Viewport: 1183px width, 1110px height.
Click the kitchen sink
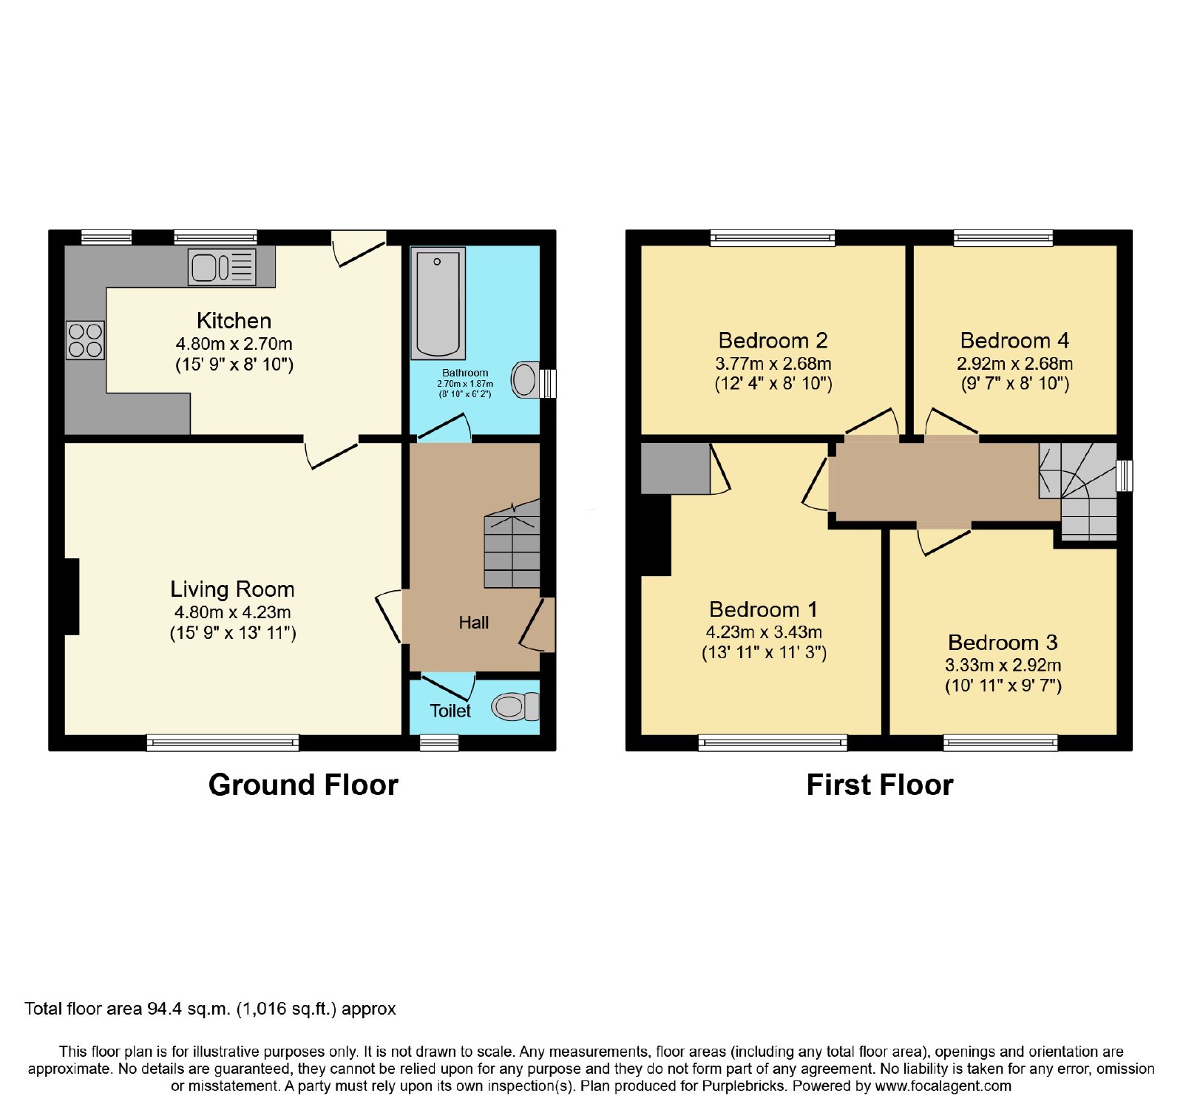[222, 267]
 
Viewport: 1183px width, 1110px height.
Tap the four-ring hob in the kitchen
[85, 340]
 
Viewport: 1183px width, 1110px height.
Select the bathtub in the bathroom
[438, 303]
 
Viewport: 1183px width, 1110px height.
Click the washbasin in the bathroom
[526, 380]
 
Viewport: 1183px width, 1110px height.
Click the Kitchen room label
[234, 321]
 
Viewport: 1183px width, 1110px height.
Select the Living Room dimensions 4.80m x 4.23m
[232, 612]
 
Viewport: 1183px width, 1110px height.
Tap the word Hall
[473, 623]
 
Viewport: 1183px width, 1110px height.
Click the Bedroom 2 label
[773, 341]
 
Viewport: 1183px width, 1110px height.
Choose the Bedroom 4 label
[1014, 341]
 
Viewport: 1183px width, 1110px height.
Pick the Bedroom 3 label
[1003, 643]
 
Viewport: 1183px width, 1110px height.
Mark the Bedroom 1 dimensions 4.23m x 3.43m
[764, 632]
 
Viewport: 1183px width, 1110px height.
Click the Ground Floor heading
[303, 785]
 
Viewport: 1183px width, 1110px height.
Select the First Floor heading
[880, 785]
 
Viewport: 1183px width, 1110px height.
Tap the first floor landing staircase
[1078, 491]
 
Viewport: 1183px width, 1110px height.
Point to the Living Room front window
[223, 742]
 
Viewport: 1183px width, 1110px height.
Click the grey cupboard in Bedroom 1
[676, 468]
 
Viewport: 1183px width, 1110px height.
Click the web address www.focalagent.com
[943, 1086]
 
